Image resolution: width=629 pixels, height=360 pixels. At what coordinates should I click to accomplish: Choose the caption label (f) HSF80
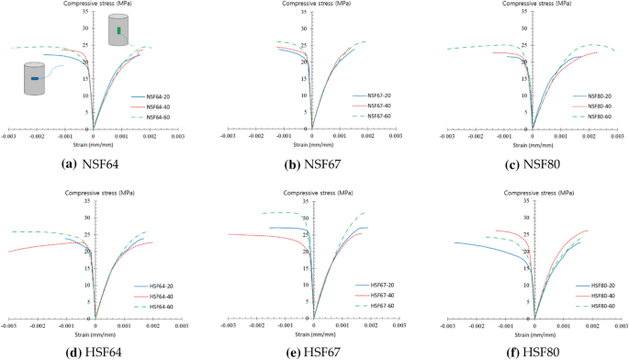pos(533,350)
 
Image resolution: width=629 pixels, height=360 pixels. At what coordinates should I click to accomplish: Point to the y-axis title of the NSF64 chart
pos(95,5)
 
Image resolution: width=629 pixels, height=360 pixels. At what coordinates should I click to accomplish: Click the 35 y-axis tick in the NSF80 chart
pos(524,13)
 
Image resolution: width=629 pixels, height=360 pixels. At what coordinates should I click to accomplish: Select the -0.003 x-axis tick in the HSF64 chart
pos(9,327)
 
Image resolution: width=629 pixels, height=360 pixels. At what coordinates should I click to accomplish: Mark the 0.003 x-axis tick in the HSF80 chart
pos(621,327)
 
